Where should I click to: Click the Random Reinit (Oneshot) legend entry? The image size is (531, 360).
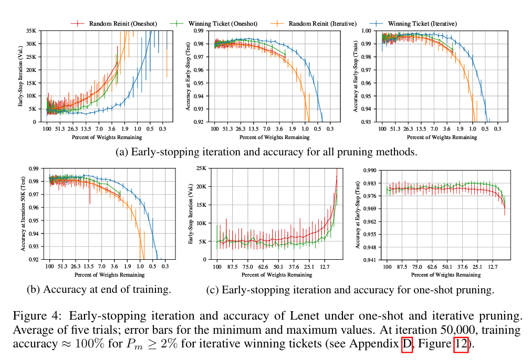[x=114, y=24]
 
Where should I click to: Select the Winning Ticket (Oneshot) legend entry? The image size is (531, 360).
[x=213, y=24]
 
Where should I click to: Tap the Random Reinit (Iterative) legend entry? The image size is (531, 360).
[x=314, y=24]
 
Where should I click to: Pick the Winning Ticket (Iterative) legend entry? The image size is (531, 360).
[x=413, y=24]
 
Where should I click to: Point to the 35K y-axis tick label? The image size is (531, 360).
[x=31, y=31]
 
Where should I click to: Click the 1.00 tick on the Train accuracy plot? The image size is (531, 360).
[x=367, y=31]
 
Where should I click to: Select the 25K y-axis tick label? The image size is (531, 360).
[x=202, y=168]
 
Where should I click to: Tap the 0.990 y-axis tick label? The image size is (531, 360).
[x=369, y=170]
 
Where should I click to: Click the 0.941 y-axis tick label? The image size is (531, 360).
[x=369, y=260]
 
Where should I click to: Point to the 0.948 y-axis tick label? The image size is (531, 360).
[x=369, y=247]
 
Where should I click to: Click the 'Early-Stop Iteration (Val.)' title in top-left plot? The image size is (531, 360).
[x=20, y=76]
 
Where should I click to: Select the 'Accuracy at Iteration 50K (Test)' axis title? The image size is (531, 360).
[x=23, y=214]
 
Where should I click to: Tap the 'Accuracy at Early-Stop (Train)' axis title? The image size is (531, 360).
[x=355, y=77]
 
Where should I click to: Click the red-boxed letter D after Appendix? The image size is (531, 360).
[x=407, y=344]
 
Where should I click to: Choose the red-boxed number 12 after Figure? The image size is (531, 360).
[x=461, y=344]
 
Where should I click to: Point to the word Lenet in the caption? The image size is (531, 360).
[x=305, y=316]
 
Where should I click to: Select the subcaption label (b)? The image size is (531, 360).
[x=34, y=290]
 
